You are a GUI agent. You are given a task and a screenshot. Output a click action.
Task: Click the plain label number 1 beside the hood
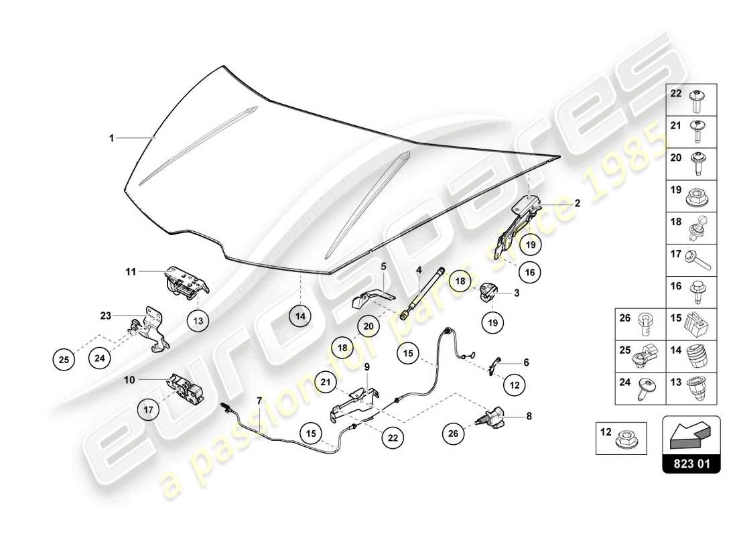(113, 138)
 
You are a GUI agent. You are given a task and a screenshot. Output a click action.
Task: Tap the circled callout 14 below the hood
(301, 316)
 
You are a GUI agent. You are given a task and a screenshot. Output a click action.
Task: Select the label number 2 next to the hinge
(577, 202)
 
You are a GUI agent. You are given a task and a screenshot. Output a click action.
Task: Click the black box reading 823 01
(691, 462)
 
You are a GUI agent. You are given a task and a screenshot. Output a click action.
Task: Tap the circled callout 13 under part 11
(198, 321)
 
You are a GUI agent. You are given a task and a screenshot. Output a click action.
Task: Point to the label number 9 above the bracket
(367, 366)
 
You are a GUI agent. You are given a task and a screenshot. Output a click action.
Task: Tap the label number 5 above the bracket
(383, 267)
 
